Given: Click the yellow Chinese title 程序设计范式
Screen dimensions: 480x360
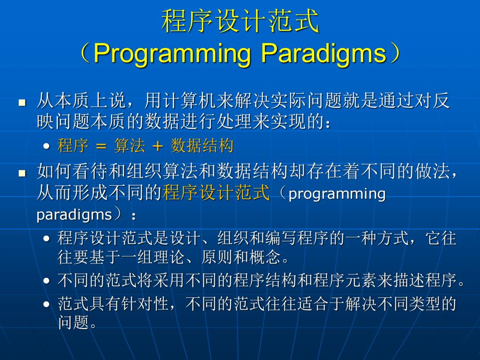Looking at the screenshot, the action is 240,20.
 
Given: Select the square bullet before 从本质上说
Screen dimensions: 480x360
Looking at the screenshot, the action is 22,102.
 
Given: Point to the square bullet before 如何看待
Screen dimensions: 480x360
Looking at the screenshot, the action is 22,173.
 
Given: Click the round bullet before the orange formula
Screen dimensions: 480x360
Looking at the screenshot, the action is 47,146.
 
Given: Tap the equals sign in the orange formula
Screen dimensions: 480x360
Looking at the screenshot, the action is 101,146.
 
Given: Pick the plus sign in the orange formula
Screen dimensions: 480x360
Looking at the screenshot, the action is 158,146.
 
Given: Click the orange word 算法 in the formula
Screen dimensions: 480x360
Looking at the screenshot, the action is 129,145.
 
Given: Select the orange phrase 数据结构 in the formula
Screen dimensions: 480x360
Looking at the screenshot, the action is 202,145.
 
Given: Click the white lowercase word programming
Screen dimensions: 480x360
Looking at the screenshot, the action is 337,194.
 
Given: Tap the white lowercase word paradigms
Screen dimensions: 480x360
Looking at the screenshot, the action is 74,215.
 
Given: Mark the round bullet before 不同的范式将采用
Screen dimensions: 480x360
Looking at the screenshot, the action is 47,281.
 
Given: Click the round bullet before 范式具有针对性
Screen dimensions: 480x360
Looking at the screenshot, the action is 47,304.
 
